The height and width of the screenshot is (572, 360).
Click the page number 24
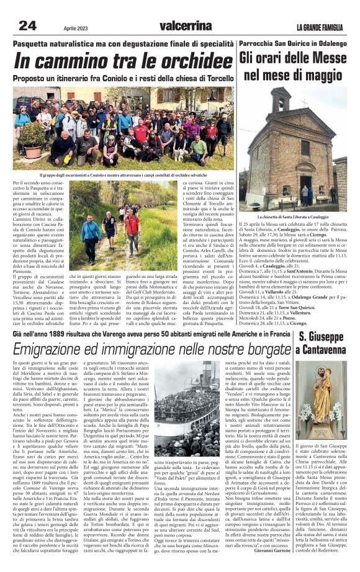(x=28, y=25)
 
